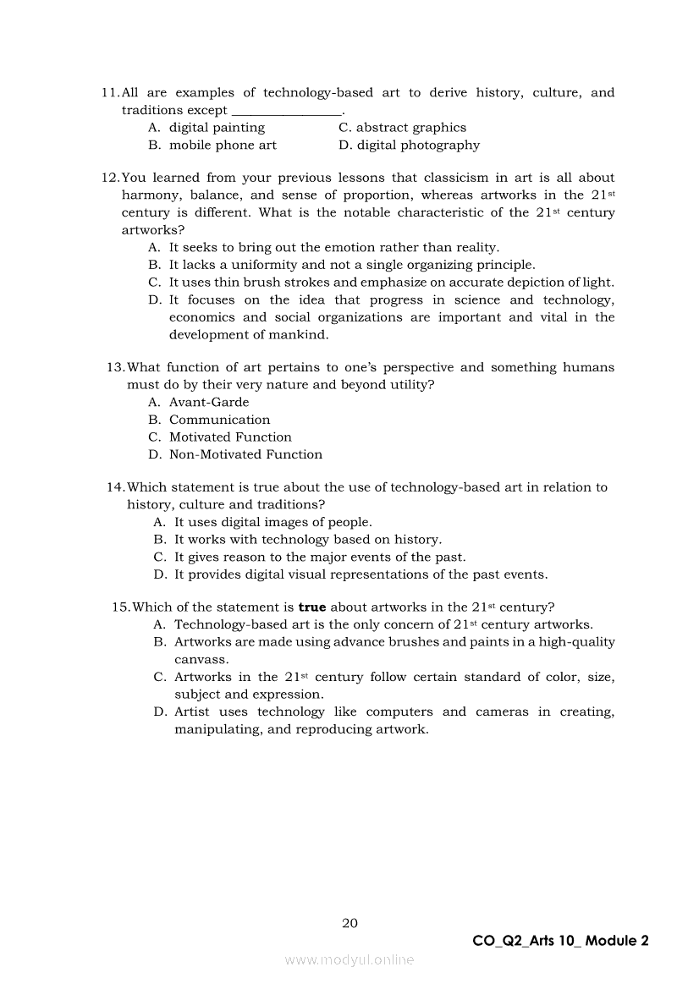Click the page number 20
point(349,923)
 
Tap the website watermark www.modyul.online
point(349,959)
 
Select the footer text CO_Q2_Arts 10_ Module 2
point(562,941)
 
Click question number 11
point(110,93)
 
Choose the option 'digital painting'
point(217,128)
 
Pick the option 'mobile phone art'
point(223,146)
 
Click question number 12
point(110,178)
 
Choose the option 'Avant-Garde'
point(209,403)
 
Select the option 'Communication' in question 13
point(219,420)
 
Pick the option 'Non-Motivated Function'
point(245,455)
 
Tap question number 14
point(115,488)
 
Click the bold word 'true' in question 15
point(312,607)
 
